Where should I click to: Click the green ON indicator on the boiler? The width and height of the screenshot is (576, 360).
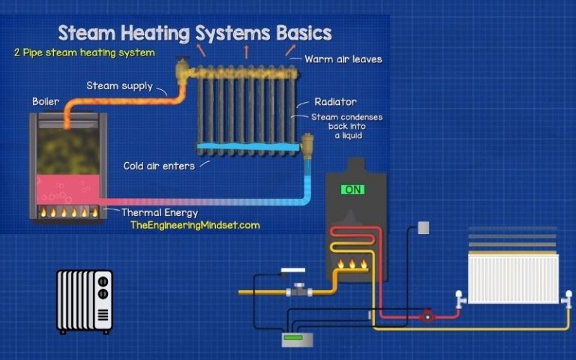pos(352,190)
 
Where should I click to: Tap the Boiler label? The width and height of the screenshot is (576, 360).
pos(45,101)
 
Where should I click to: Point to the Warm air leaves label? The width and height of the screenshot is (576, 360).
pos(343,59)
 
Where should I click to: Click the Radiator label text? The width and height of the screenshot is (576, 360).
pos(335,102)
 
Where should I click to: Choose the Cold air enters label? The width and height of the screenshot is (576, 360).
pos(159,166)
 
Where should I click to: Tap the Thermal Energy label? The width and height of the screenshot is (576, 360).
pos(160,212)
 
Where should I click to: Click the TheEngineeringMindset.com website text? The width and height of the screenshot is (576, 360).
pos(194,225)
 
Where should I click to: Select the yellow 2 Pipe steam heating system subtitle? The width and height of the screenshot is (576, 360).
pos(84,53)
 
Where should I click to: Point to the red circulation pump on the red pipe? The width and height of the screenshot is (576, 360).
pos(427,316)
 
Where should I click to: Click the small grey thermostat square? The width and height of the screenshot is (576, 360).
pos(424,227)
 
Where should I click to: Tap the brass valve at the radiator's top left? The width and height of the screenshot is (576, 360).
pos(182,73)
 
